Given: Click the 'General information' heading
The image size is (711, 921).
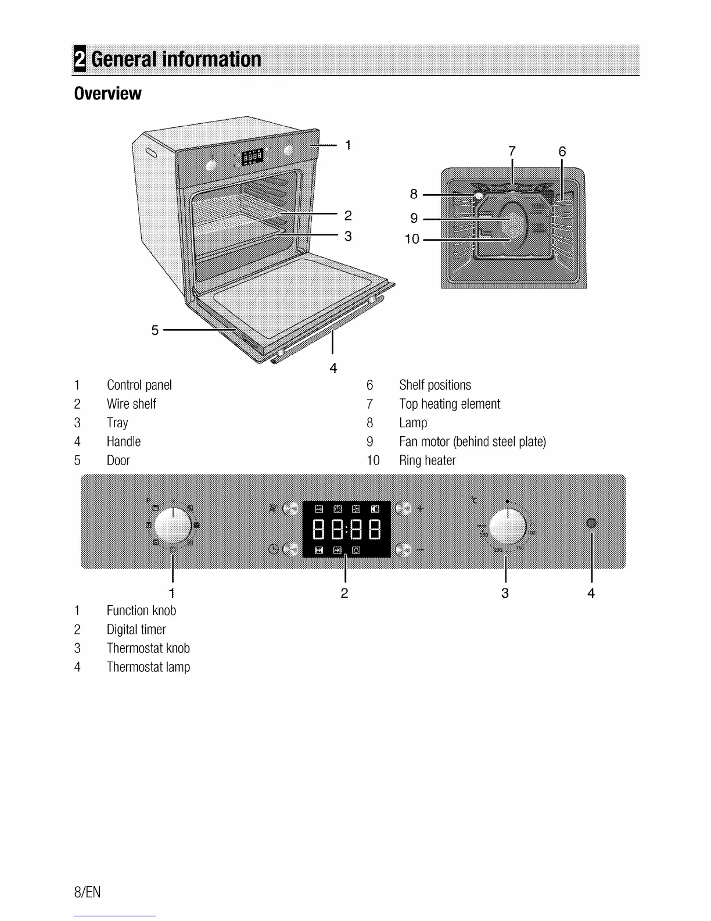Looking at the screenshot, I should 175,59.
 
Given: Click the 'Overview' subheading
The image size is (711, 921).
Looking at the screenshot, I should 108,94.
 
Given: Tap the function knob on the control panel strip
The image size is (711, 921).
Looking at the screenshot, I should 173,526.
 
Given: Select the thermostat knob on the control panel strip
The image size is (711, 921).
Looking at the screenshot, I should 508,526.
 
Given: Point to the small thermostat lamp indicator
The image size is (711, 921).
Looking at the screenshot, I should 591,523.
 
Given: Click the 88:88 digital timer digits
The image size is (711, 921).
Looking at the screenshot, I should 347,529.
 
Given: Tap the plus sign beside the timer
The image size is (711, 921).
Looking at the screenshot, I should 421,509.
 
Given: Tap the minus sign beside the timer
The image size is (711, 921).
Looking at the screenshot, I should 421,549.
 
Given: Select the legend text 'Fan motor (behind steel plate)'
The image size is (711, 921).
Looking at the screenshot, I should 472,442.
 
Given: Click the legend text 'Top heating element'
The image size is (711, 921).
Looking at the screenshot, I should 449,404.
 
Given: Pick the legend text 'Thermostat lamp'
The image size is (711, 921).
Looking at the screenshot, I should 148,667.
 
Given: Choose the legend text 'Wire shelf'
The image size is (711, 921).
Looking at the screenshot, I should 131,404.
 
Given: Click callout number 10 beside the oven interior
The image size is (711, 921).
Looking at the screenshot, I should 412,239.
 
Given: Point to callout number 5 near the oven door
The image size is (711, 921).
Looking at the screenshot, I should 155,330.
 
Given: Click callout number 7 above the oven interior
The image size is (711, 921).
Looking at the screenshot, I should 511,151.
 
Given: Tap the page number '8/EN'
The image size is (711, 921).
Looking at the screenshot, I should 88,892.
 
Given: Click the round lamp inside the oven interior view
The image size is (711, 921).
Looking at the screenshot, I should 478,195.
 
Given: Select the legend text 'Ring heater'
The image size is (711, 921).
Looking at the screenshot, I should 427,460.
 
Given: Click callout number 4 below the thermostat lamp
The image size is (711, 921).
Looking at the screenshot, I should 591,593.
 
